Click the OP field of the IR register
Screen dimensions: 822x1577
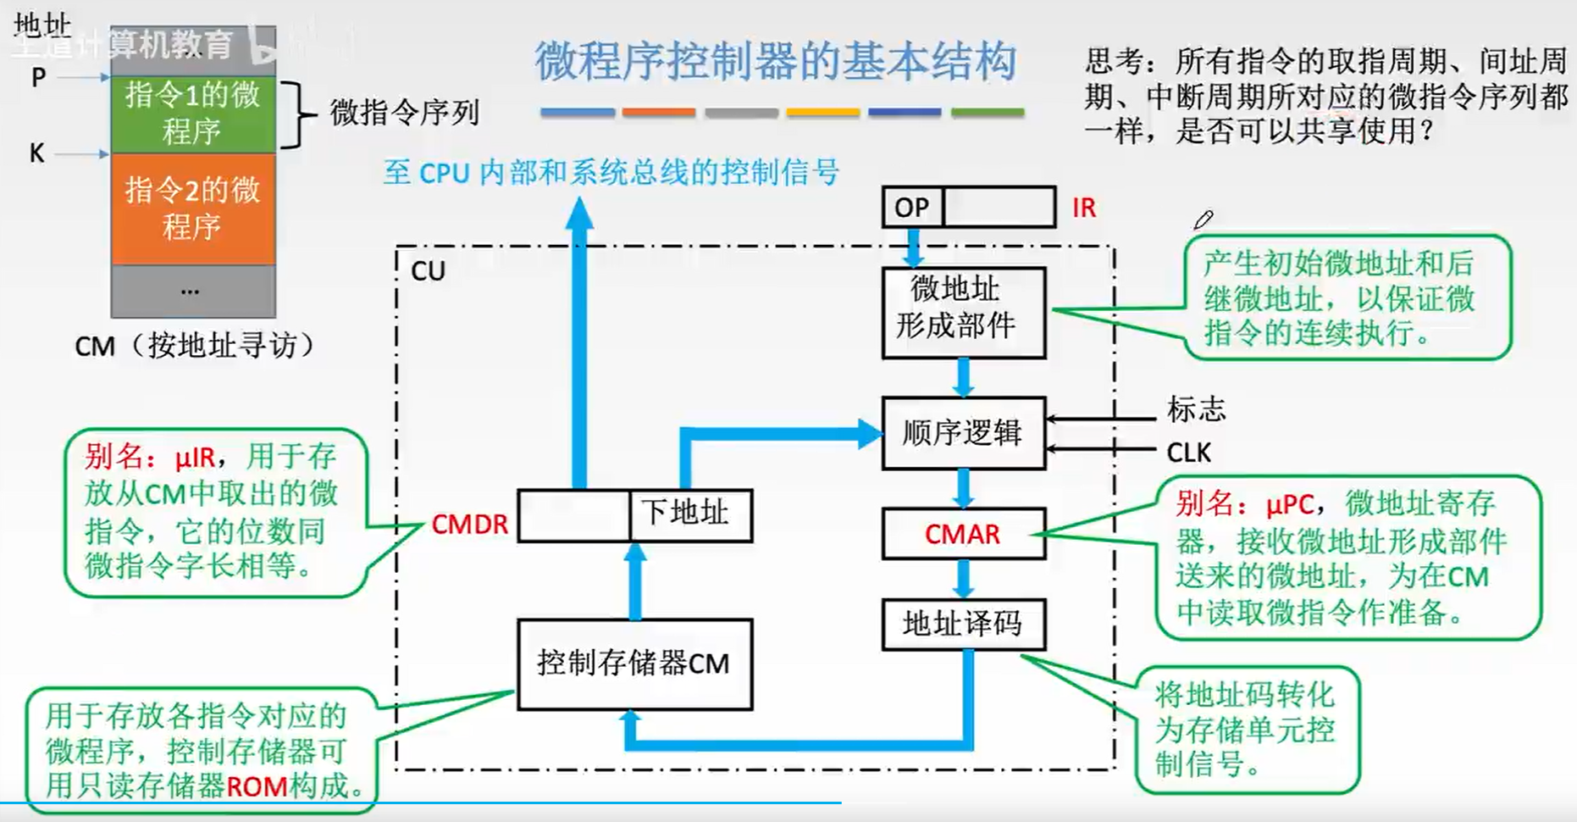click(x=912, y=208)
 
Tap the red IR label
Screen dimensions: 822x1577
click(x=1083, y=208)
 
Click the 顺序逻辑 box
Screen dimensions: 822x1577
click(x=963, y=433)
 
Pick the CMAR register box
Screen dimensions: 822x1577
click(x=963, y=534)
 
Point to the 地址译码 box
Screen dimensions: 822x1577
click(x=963, y=625)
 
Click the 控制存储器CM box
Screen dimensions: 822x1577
click(x=634, y=664)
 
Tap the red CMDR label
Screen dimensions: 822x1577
click(x=469, y=525)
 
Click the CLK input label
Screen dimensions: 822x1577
click(x=1188, y=453)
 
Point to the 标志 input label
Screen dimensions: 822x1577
click(x=1196, y=409)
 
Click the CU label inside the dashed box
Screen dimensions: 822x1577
click(x=428, y=271)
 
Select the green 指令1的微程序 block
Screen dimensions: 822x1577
click(x=193, y=114)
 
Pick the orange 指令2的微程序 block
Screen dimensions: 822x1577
click(x=193, y=208)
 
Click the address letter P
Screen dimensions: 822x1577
click(x=38, y=78)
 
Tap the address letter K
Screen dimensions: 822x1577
click(x=36, y=153)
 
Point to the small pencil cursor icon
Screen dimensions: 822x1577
click(x=1203, y=220)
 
